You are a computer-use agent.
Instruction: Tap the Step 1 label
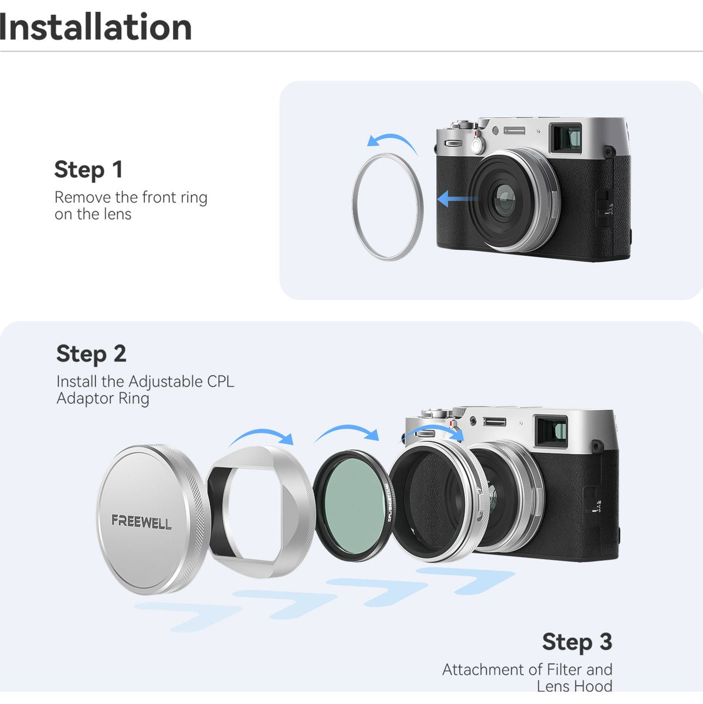[88, 170]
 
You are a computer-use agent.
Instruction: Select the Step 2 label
[91, 354]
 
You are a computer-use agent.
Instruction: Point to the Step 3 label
[577, 642]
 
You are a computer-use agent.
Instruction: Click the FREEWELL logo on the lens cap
[142, 522]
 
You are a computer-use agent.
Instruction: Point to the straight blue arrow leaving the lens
[457, 199]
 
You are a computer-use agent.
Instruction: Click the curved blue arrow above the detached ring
[395, 137]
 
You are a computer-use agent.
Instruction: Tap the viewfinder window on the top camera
[567, 138]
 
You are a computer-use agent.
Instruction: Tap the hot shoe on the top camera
[514, 130]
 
